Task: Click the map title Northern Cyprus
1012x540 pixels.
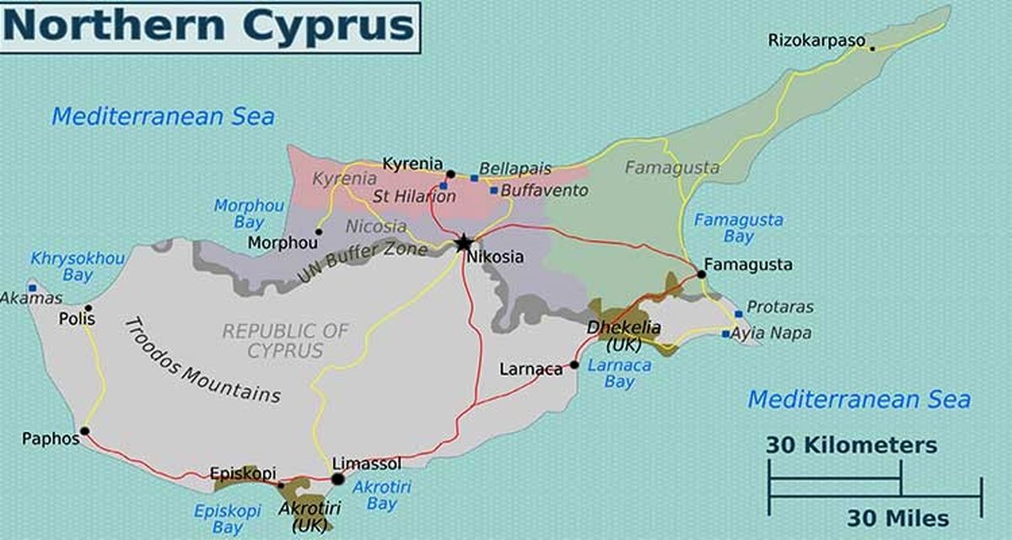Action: [209, 26]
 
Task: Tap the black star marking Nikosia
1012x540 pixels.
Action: [463, 244]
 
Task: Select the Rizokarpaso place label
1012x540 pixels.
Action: [816, 40]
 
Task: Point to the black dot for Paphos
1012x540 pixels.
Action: [84, 431]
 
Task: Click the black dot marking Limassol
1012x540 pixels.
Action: [337, 479]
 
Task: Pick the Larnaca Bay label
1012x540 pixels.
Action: [620, 374]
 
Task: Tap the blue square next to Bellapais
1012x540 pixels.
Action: [474, 178]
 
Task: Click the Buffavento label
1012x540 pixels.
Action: [544, 191]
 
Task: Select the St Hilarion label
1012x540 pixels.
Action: [414, 197]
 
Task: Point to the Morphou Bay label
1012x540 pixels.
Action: [238, 213]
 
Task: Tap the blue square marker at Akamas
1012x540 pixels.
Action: [32, 288]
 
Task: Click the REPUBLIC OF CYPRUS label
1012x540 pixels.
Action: [284, 340]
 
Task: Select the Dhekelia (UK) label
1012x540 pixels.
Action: [624, 336]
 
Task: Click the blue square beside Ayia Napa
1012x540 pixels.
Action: [725, 334]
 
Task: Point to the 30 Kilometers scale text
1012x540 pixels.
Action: [851, 445]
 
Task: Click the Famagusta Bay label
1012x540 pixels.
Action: [738, 229]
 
